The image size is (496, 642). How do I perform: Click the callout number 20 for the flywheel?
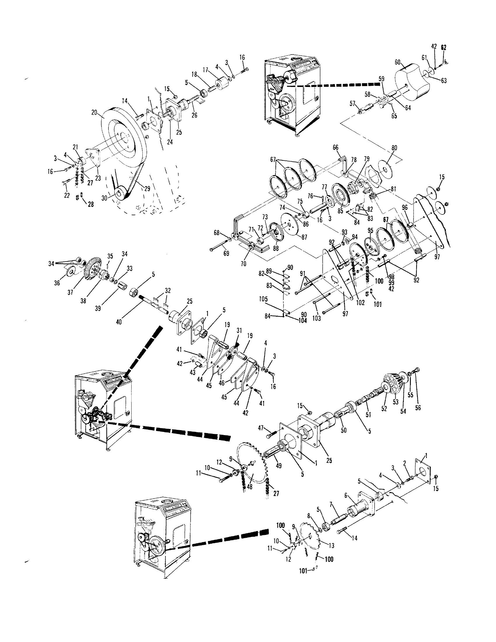pyautogui.click(x=94, y=112)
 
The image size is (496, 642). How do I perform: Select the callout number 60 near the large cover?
pyautogui.click(x=397, y=62)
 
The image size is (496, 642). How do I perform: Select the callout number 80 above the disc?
pyautogui.click(x=394, y=148)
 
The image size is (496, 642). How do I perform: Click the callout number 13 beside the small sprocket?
pyautogui.click(x=331, y=546)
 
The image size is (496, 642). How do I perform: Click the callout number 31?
pyautogui.click(x=239, y=331)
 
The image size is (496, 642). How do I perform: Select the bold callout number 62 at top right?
pyautogui.click(x=443, y=47)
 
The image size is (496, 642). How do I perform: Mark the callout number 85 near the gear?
pyautogui.click(x=340, y=210)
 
